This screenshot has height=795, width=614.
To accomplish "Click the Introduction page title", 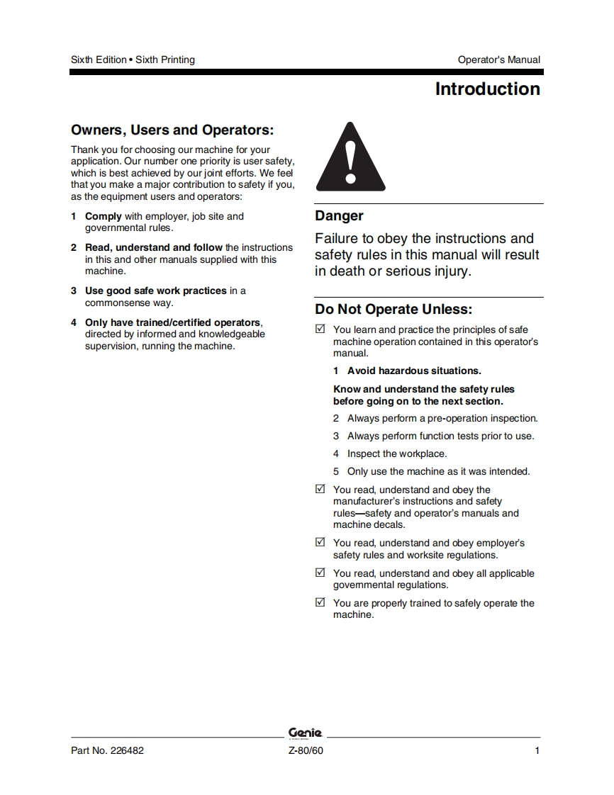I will point(487,89).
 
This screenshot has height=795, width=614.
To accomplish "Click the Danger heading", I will point(339,215).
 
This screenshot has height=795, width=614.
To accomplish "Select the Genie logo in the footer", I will point(306,733).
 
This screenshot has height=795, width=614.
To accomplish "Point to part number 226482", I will point(107,751).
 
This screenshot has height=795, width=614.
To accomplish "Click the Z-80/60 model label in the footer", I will point(306,751).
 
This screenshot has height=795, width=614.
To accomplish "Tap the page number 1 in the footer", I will point(537,751).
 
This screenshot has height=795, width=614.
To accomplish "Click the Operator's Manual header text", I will point(498,60).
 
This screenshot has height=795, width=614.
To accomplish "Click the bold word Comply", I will point(104,216).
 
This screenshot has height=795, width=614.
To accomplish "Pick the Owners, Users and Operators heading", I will point(172,130).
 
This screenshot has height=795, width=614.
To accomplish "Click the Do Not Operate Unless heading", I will point(393,310).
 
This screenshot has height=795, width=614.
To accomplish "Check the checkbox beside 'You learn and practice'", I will point(320,329).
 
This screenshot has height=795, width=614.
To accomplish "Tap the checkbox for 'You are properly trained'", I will point(320,603).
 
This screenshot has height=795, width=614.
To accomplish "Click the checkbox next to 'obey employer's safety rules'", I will point(320,543).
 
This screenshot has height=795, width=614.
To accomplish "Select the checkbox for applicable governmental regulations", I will point(320,573).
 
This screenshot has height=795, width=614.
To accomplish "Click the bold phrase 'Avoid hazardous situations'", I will point(414,371).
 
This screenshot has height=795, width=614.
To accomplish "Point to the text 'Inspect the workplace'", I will point(397,453).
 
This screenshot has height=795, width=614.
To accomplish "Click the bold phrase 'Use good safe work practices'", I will point(156,291).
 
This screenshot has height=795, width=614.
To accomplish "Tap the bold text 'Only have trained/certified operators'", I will point(173,322).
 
